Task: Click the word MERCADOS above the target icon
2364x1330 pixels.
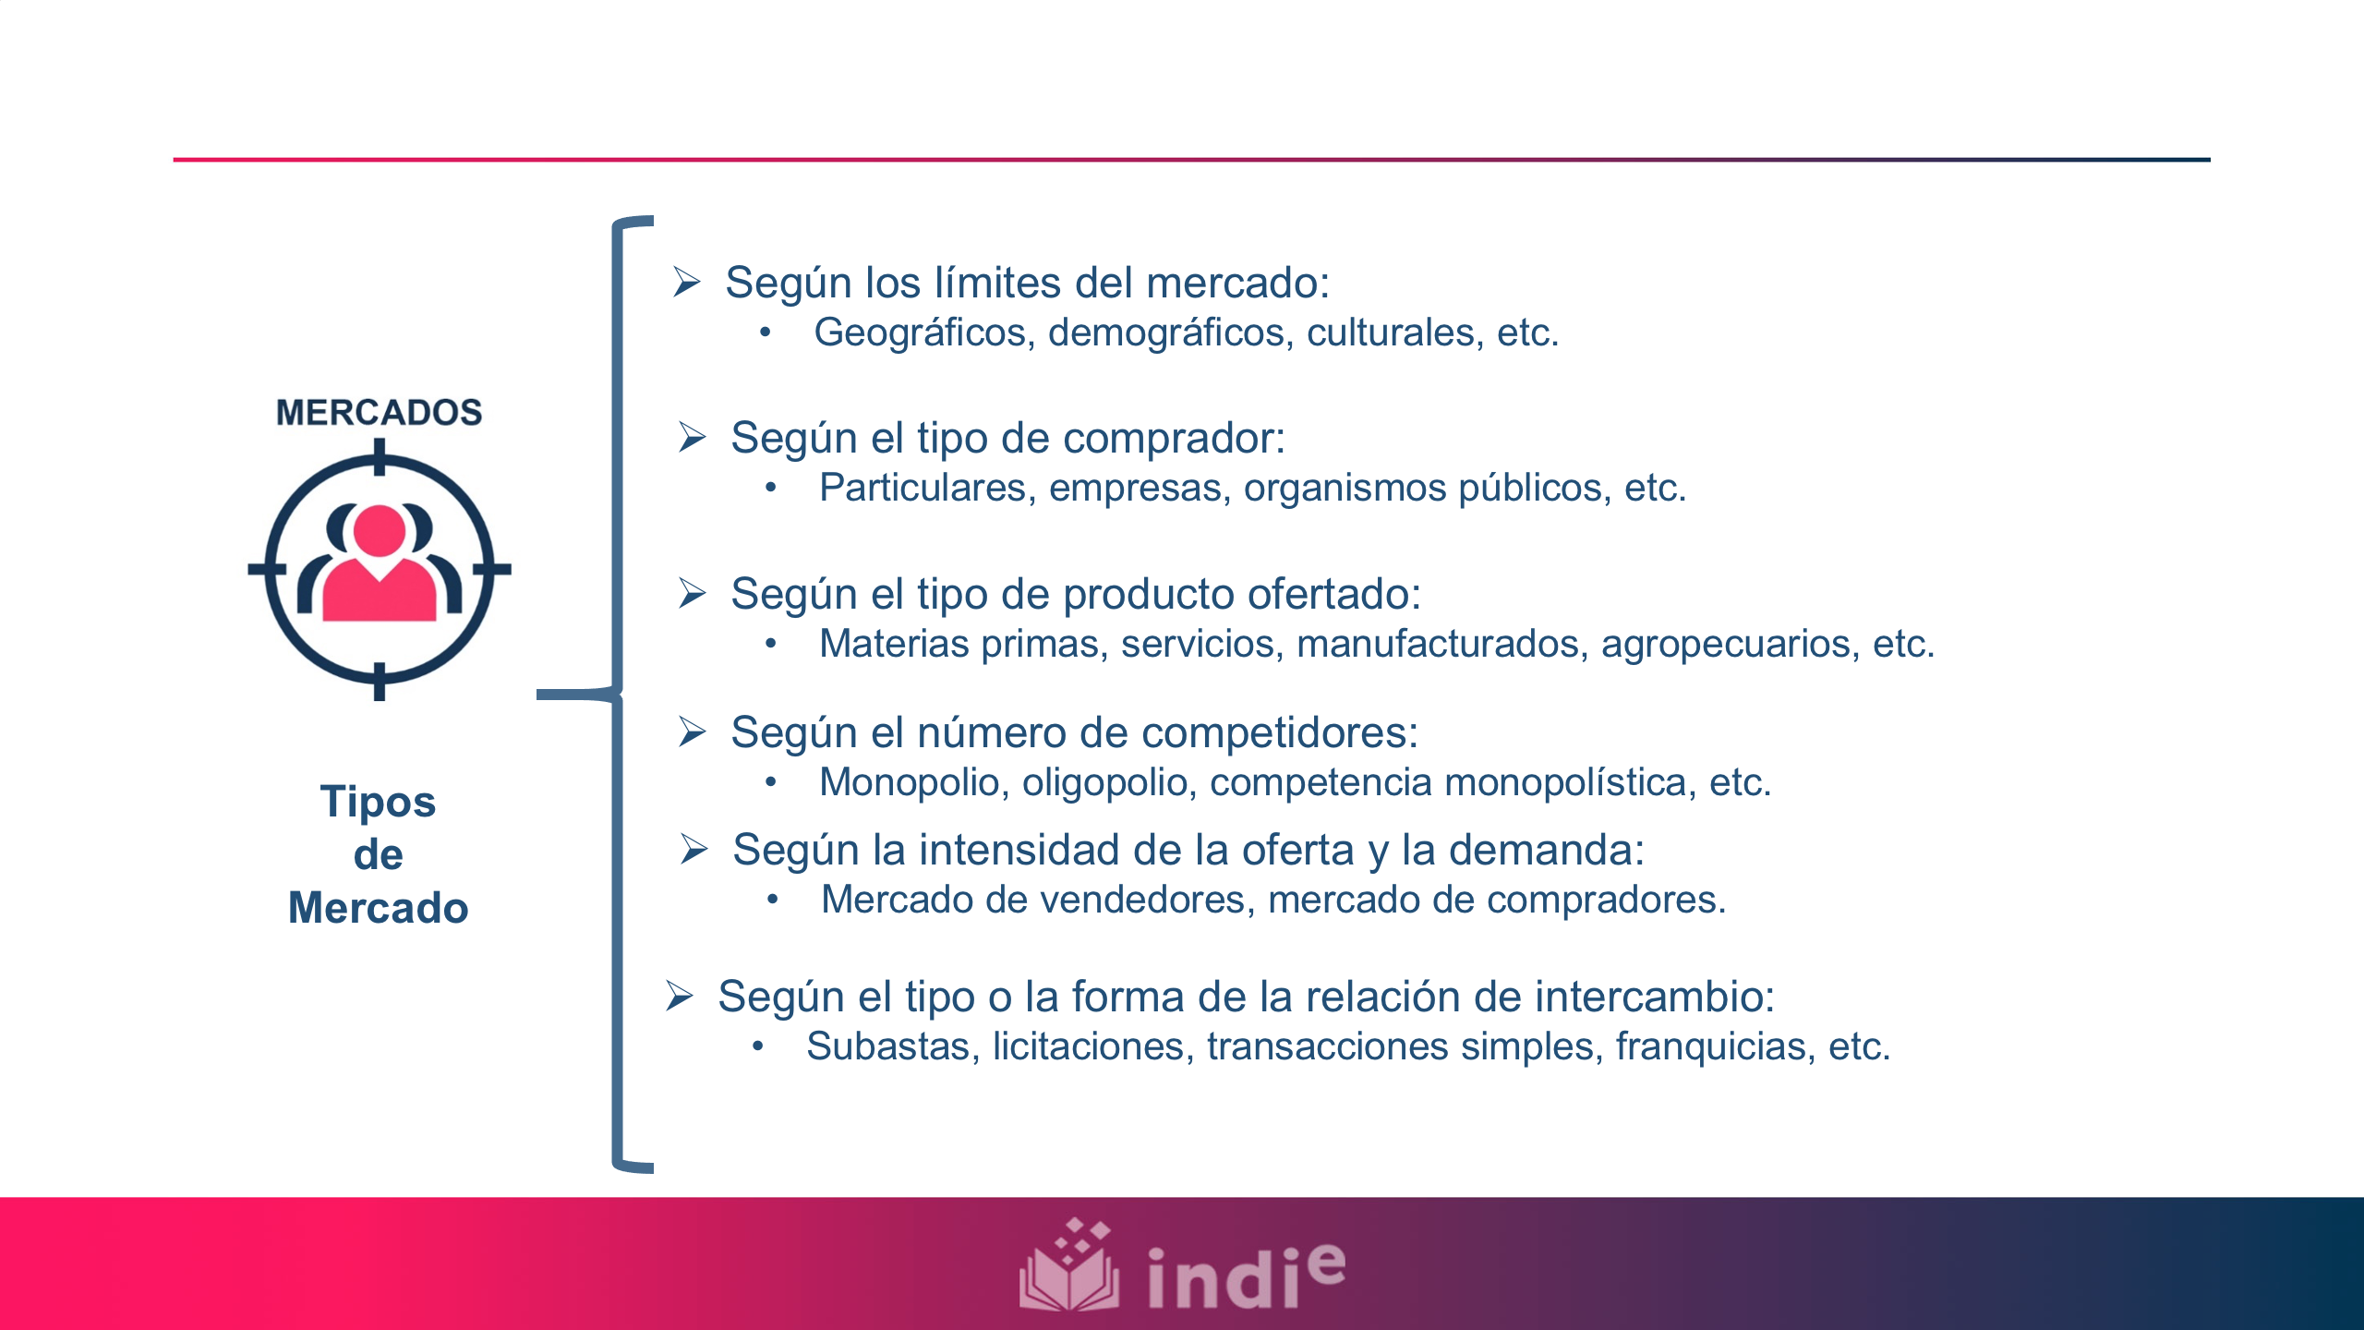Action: (379, 413)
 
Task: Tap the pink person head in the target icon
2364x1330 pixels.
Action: (380, 531)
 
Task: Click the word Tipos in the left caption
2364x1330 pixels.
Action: (378, 802)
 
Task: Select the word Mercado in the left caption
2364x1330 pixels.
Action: (378, 908)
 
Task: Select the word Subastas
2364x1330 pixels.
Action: (892, 1046)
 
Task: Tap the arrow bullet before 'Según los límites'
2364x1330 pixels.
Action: (687, 282)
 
